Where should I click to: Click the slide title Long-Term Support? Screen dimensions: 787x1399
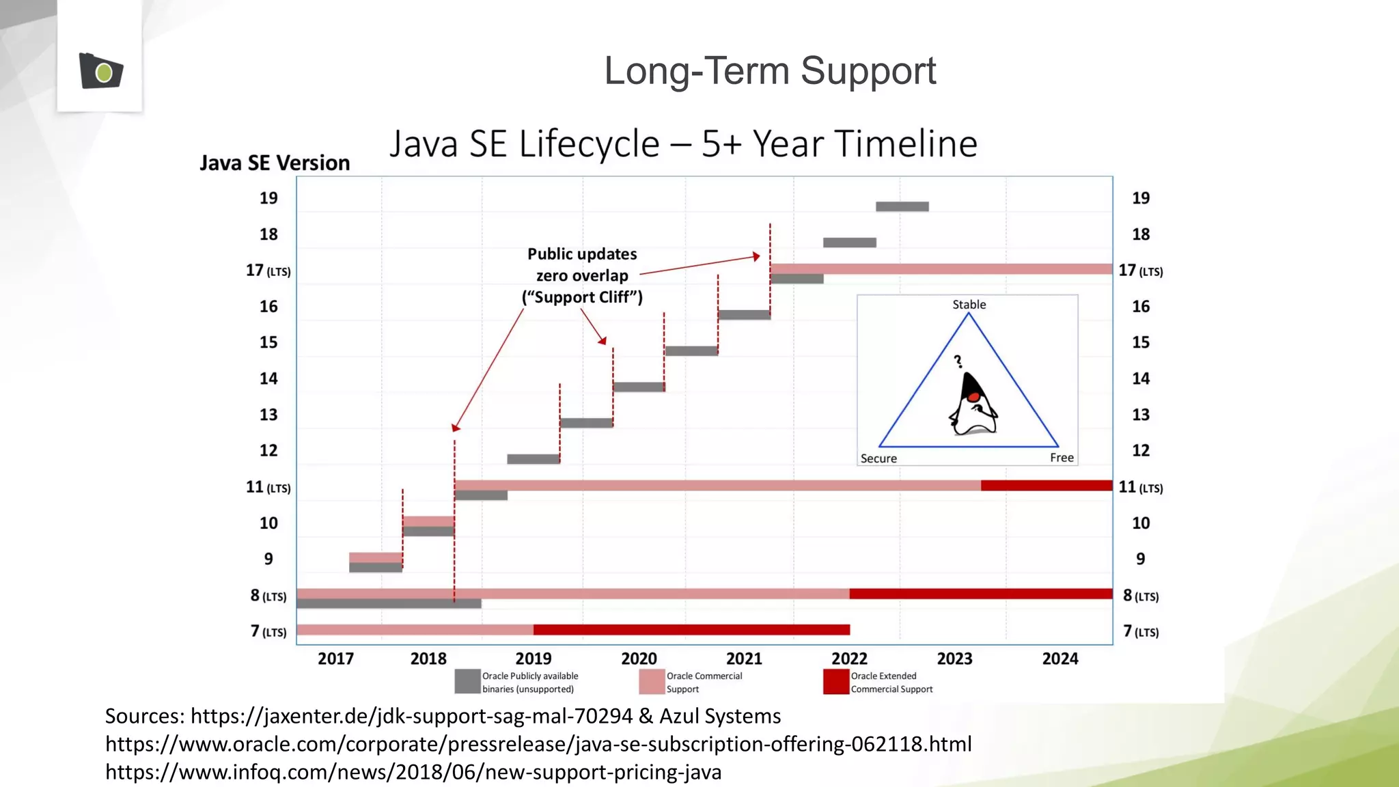[770, 70]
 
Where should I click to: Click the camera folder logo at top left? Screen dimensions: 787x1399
[101, 70]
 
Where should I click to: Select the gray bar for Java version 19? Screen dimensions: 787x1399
[902, 206]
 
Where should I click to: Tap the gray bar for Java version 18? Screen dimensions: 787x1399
[849, 243]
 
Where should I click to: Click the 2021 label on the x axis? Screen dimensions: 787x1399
[744, 659]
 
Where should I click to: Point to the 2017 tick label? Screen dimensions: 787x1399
[335, 659]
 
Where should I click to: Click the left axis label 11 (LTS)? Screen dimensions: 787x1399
[268, 487]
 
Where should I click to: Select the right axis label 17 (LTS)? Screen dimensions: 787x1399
[1140, 271]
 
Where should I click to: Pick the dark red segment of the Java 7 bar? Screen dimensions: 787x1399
[691, 629]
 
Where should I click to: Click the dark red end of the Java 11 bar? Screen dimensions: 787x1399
[1047, 486]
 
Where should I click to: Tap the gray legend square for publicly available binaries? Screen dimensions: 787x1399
[467, 681]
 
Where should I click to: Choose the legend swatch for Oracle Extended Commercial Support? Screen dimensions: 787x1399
[835, 681]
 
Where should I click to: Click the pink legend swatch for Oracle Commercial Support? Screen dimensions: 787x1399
[652, 681]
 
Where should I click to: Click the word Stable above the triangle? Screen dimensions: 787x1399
[969, 305]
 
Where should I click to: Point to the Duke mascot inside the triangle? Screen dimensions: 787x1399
[973, 405]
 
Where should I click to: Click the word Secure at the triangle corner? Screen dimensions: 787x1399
[878, 458]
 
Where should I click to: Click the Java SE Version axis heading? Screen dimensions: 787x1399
[275, 163]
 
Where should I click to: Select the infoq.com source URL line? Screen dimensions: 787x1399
[413, 772]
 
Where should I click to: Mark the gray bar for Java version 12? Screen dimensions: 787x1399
[533, 459]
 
